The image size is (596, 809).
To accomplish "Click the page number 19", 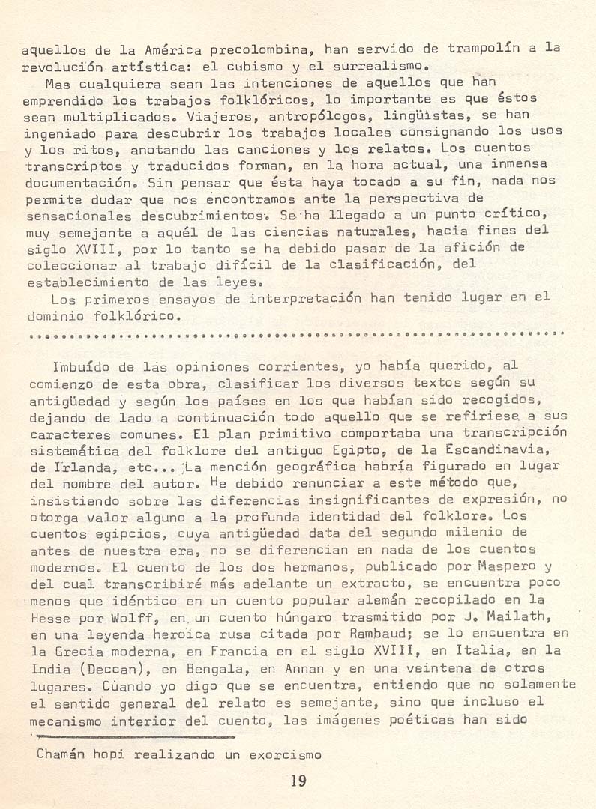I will point(298,781).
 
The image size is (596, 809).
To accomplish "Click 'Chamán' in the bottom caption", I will point(61,754).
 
